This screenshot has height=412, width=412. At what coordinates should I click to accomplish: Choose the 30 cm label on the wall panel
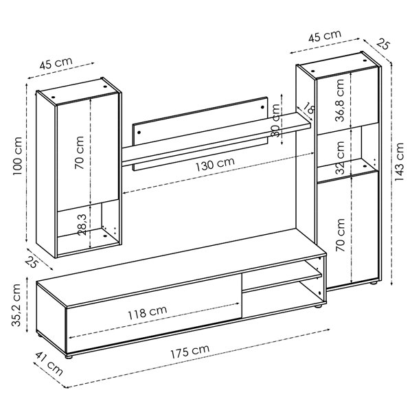276,121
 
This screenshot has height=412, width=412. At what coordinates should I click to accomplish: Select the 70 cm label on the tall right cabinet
340,233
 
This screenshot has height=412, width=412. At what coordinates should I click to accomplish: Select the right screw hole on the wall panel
263,106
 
